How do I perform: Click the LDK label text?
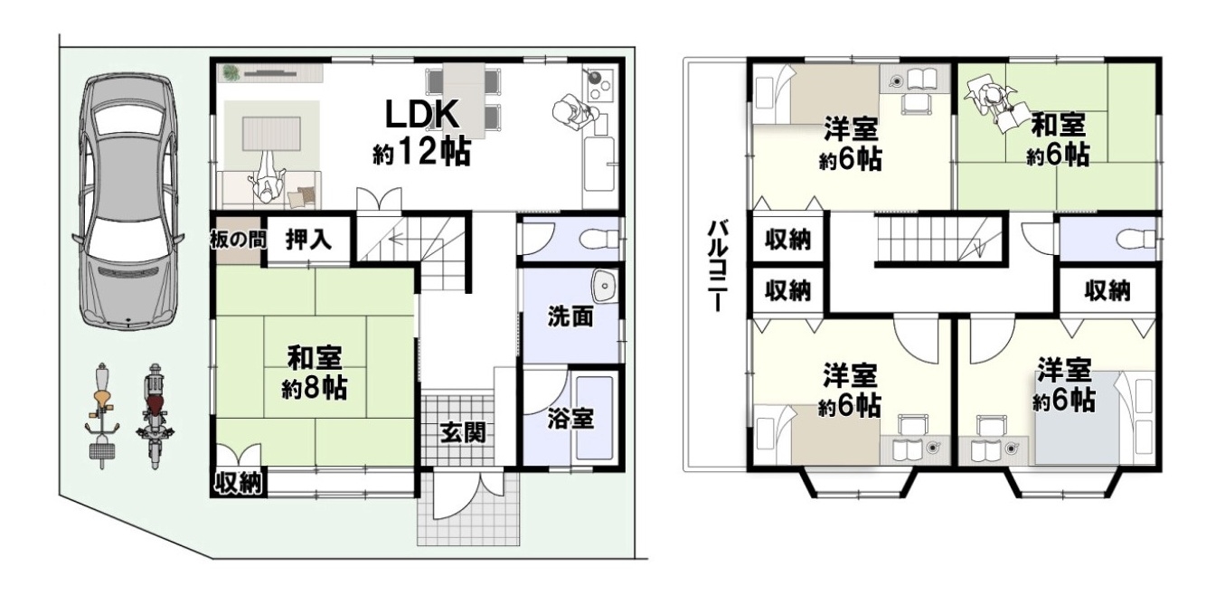pos(421,114)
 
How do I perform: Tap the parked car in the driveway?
pos(127,202)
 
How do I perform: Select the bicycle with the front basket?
pos(102,416)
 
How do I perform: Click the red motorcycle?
pos(155,416)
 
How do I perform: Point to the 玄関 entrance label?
pos(463,433)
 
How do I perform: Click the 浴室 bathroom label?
pos(570,419)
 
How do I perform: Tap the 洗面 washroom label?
pos(570,316)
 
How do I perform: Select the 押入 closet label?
pos(309,239)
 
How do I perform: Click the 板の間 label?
pos(239,240)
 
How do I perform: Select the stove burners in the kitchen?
pos(599,83)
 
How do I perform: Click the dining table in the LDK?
pos(464,100)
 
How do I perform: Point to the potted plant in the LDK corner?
pos(231,73)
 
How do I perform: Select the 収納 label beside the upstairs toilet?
pos(1107,291)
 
